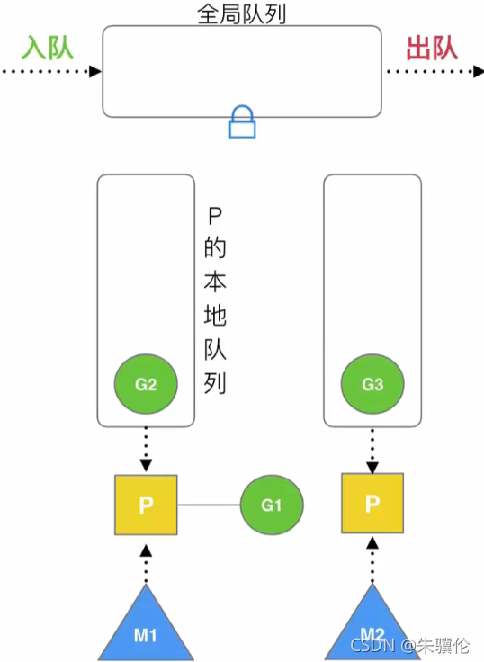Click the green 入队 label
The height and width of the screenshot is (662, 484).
coord(49,48)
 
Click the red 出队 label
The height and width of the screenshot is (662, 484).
coord(432,48)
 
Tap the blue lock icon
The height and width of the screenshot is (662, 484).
coord(242,121)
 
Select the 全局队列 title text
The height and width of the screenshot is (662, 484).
coord(241,13)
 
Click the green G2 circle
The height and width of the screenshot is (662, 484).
coord(146,385)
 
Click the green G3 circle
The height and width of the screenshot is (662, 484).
coord(372,385)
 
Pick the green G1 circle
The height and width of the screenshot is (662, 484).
coord(272,505)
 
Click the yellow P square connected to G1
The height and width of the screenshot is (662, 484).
coord(146,505)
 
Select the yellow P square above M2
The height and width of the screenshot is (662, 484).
coord(372,505)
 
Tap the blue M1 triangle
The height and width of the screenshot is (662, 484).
coord(146,629)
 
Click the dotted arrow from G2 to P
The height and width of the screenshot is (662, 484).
coord(146,449)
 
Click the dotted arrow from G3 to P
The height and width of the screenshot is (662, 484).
coord(372,449)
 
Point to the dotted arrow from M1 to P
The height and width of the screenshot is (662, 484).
coord(146,561)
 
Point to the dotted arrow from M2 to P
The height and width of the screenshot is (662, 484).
coord(372,561)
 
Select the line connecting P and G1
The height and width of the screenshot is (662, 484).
coord(209,505)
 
